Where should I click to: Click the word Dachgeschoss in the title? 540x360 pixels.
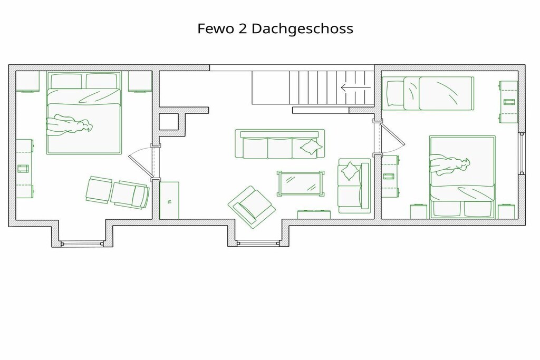(x=302, y=28)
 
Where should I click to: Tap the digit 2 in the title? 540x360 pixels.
(x=243, y=28)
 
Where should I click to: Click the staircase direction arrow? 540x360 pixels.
(x=356, y=87)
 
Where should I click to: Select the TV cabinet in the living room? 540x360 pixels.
(x=169, y=200)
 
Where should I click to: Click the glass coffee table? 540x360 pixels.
(x=301, y=184)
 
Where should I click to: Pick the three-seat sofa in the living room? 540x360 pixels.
(x=279, y=144)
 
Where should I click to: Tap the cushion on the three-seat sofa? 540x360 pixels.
(x=311, y=147)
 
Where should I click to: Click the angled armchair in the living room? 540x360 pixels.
(x=252, y=207)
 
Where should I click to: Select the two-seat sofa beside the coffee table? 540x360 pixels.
(x=354, y=186)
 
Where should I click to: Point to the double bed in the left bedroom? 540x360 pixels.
(x=84, y=113)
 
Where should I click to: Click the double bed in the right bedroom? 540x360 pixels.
(x=462, y=177)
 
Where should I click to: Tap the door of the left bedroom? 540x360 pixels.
(x=140, y=162)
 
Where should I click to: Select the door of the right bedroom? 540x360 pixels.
(x=391, y=138)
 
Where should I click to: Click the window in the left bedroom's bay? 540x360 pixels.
(x=82, y=244)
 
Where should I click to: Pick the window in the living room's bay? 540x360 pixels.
(x=258, y=244)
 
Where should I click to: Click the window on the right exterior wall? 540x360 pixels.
(x=522, y=153)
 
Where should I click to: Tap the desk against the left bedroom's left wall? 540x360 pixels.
(x=25, y=168)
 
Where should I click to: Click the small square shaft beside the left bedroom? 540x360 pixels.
(x=169, y=121)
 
